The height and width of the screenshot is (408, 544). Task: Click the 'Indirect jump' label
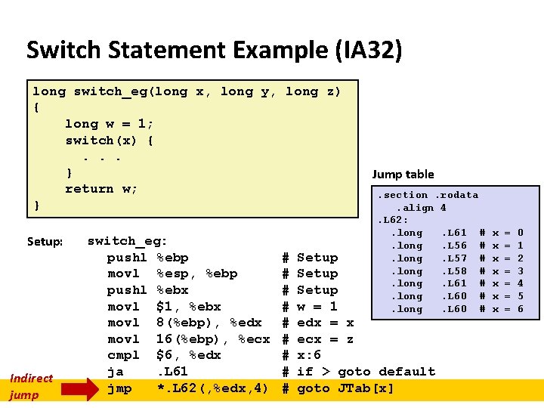[x=31, y=386]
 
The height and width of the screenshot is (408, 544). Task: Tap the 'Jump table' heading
[x=403, y=175]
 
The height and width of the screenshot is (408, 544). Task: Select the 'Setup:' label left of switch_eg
[x=45, y=242]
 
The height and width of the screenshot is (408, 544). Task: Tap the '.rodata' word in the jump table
[x=456, y=195]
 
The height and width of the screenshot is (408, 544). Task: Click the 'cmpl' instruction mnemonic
[x=123, y=355]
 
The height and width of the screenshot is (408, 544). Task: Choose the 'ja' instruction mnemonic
[x=115, y=372]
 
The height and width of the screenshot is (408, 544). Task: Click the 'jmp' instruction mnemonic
[x=119, y=388]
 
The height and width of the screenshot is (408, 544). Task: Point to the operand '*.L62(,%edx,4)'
[x=212, y=388]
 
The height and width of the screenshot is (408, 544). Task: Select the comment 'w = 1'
[x=317, y=307]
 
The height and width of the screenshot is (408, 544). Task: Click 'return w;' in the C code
[x=101, y=189]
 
